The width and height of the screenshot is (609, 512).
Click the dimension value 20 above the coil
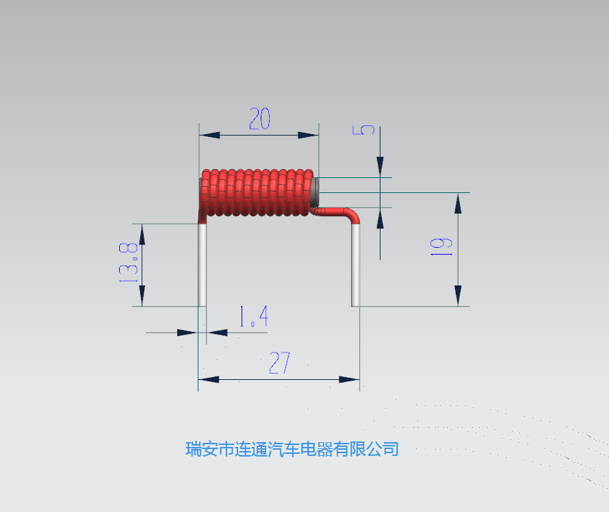259,118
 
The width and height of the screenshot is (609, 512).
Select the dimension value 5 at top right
363,130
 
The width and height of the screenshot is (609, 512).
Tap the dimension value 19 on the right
441,246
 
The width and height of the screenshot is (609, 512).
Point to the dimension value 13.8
128,263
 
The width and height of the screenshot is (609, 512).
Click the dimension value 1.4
254,316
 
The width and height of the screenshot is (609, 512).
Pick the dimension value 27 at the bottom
280,363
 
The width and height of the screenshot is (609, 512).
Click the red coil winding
257,192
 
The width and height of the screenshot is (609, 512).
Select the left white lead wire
203,265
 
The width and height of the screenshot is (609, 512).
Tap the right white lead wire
355,266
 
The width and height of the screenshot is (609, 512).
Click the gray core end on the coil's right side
315,192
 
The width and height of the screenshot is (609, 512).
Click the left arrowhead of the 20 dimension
209,135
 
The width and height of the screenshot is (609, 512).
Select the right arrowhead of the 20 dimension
309,135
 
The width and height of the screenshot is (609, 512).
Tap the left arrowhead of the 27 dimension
209,379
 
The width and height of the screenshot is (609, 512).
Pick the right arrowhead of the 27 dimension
349,379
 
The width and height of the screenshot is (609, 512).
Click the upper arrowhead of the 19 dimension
458,203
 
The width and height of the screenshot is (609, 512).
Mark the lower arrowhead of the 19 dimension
458,296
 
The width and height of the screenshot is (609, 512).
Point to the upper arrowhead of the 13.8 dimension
142,234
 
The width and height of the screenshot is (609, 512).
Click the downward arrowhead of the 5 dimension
380,167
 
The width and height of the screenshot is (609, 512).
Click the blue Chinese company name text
292,449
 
